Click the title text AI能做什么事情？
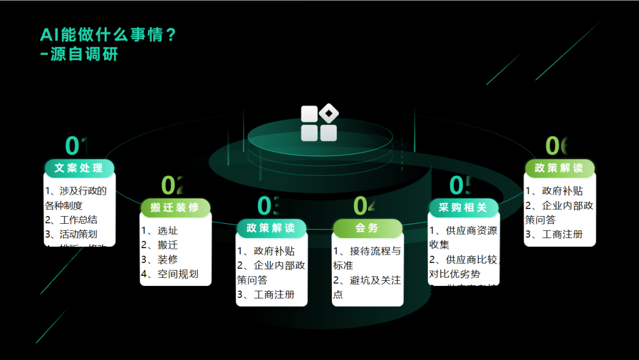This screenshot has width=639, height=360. pyautogui.click(x=108, y=34)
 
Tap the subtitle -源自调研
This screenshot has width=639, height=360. pyautogui.click(x=79, y=54)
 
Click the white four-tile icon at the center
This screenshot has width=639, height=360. pyautogui.click(x=319, y=123)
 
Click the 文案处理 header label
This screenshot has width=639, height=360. pyautogui.click(x=79, y=168)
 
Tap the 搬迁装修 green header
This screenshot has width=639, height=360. pyautogui.click(x=175, y=208)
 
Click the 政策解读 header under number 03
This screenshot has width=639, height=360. pyautogui.click(x=271, y=228)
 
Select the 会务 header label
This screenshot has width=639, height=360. pyautogui.click(x=367, y=228)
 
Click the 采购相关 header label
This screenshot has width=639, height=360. pyautogui.click(x=463, y=207)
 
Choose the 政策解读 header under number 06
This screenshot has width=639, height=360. pyautogui.click(x=559, y=168)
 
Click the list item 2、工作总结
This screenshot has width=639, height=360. pyautogui.click(x=71, y=220)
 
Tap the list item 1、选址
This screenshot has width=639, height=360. pyautogui.click(x=159, y=231)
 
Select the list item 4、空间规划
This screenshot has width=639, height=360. pyautogui.click(x=169, y=274)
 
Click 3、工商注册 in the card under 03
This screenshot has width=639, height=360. pyautogui.click(x=266, y=294)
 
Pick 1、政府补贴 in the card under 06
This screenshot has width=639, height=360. pyautogui.click(x=554, y=191)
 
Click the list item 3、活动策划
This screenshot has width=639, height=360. pyautogui.click(x=71, y=234)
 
